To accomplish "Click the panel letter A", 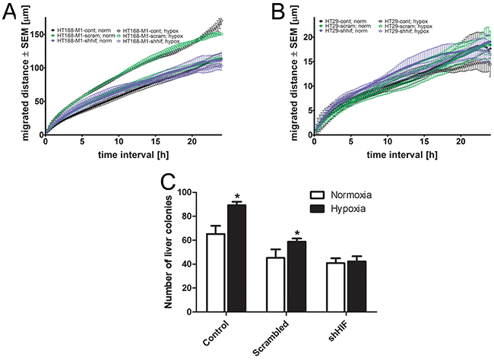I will click(x=11, y=13).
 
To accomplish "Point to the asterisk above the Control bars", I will click(x=236, y=197).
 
